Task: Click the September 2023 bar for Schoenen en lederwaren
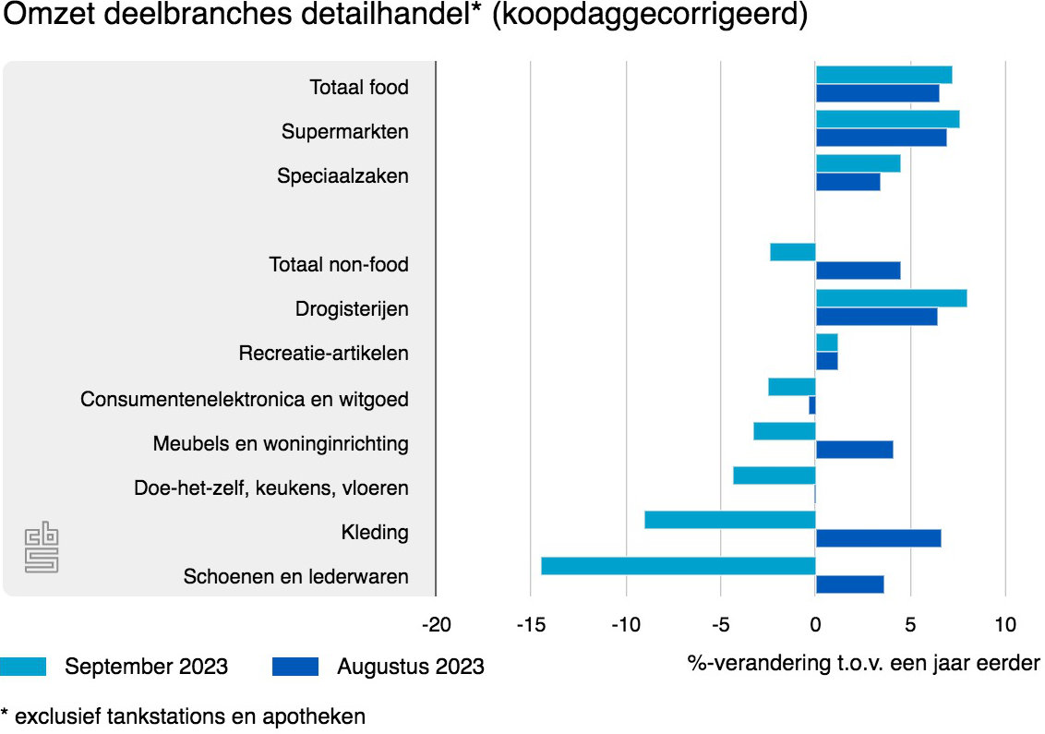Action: (679, 566)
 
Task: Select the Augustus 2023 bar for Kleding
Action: (878, 538)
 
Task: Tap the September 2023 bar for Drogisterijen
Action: (891, 298)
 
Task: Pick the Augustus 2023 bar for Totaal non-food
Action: (858, 271)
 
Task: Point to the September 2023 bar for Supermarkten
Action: (887, 119)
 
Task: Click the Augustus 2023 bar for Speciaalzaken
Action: (847, 182)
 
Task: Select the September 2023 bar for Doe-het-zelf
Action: (775, 475)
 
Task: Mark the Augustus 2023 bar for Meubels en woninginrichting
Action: (854, 450)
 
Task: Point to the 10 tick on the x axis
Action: (1005, 625)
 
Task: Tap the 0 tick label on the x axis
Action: (816, 625)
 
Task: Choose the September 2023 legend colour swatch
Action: (22, 667)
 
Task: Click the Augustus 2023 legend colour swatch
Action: (295, 667)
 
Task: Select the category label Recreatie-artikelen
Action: (323, 354)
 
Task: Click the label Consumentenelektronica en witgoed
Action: (245, 400)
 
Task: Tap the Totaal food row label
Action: (359, 88)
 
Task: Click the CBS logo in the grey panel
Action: (42, 547)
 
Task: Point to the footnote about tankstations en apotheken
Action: (183, 716)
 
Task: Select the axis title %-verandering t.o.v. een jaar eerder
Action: (863, 664)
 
